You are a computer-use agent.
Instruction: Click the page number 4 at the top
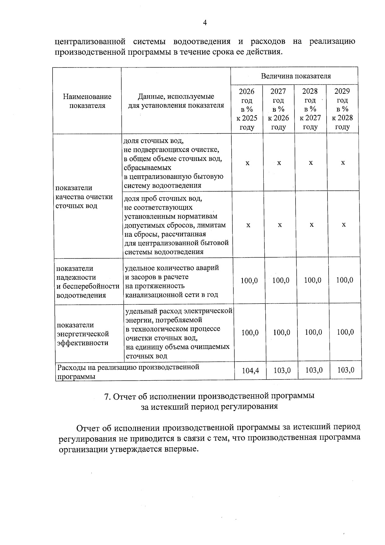click(x=205, y=22)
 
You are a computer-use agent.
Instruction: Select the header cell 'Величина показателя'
click(x=295, y=76)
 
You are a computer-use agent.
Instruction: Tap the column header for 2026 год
click(x=247, y=109)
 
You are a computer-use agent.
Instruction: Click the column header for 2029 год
click(x=342, y=109)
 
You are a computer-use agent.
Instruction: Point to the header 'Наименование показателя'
click(x=87, y=101)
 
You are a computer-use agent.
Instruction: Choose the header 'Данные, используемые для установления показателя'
click(x=176, y=101)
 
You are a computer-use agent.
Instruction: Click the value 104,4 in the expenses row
click(x=250, y=371)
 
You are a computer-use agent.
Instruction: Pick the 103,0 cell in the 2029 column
click(x=346, y=370)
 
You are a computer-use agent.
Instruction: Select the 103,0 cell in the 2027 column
click(x=282, y=370)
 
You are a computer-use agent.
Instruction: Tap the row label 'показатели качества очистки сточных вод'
click(x=84, y=197)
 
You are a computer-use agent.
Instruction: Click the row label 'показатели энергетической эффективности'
click(x=83, y=334)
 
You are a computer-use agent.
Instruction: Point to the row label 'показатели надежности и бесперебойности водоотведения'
click(x=88, y=282)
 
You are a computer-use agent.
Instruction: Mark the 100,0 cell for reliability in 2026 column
click(x=249, y=280)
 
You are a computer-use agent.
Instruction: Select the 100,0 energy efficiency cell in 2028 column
click(x=313, y=332)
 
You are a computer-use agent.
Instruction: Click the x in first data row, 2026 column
click(x=247, y=163)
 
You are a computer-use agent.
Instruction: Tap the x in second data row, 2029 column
click(x=344, y=225)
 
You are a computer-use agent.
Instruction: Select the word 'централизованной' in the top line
click(x=90, y=41)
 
